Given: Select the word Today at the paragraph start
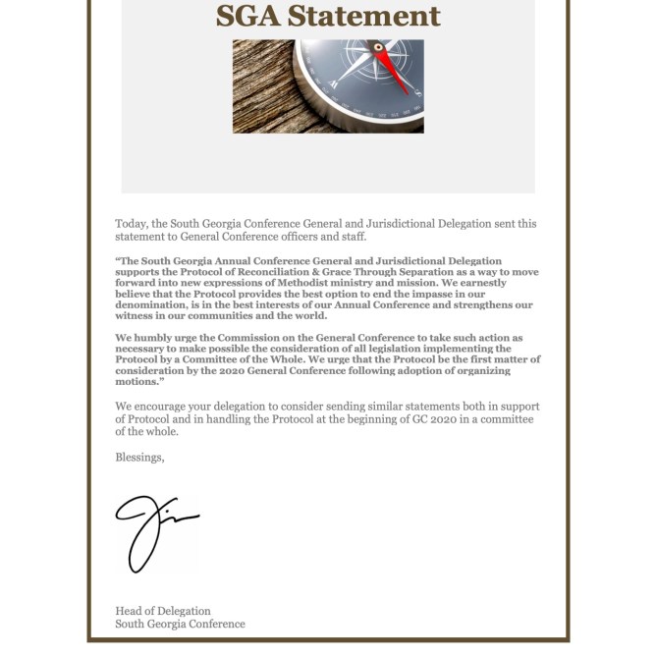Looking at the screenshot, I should point(132,224).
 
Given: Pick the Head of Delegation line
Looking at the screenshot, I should point(163,611).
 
